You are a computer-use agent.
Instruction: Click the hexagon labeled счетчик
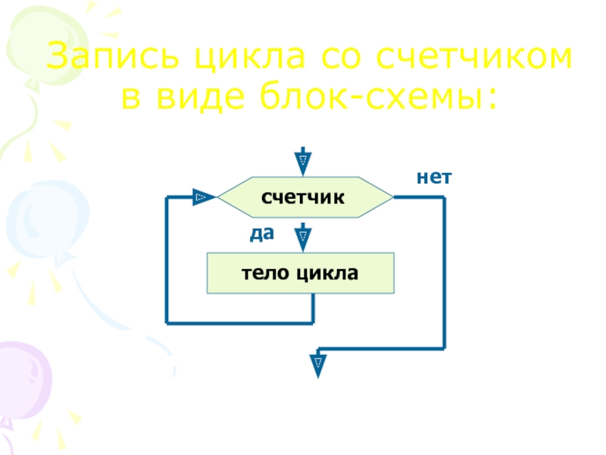click(x=304, y=198)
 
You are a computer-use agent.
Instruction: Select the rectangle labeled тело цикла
click(x=301, y=274)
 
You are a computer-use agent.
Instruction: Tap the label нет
click(x=434, y=177)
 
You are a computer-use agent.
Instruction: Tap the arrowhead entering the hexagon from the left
click(x=201, y=197)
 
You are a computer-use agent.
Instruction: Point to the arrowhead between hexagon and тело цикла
click(x=302, y=237)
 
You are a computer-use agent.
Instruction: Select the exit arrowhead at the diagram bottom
click(x=319, y=364)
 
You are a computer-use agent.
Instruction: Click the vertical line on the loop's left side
click(x=167, y=260)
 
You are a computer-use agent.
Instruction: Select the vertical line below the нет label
click(x=444, y=271)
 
